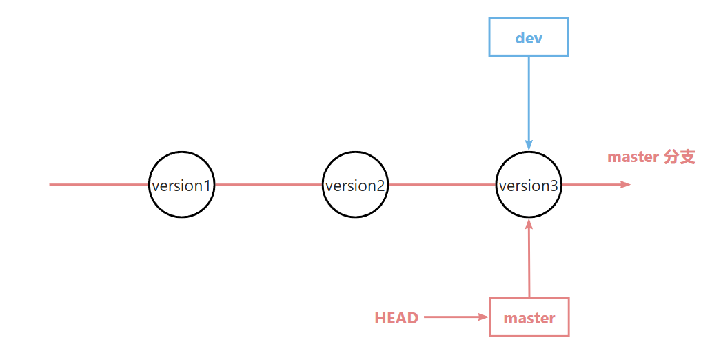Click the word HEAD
[x=397, y=318]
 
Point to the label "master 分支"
[x=651, y=157]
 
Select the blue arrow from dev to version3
[x=529, y=103]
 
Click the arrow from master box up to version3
[x=529, y=258]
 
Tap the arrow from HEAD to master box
[x=456, y=317]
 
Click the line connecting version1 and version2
[x=269, y=184]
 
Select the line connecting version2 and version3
[x=442, y=184]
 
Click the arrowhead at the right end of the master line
[x=625, y=184]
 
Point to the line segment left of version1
[x=99, y=184]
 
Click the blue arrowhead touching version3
[x=529, y=146]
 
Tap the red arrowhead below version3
[x=529, y=224]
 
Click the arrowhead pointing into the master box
[x=483, y=317]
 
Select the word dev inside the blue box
[x=529, y=38]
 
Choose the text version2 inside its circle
[x=355, y=186]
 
